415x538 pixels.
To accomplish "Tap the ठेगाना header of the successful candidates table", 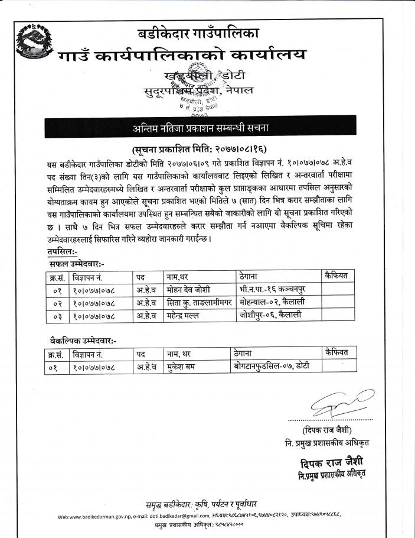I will click(252, 276).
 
